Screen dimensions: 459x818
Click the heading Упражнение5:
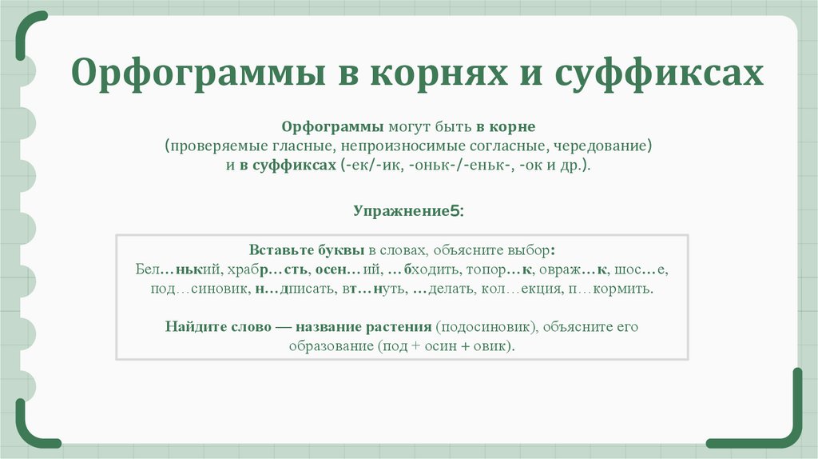click(x=408, y=211)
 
